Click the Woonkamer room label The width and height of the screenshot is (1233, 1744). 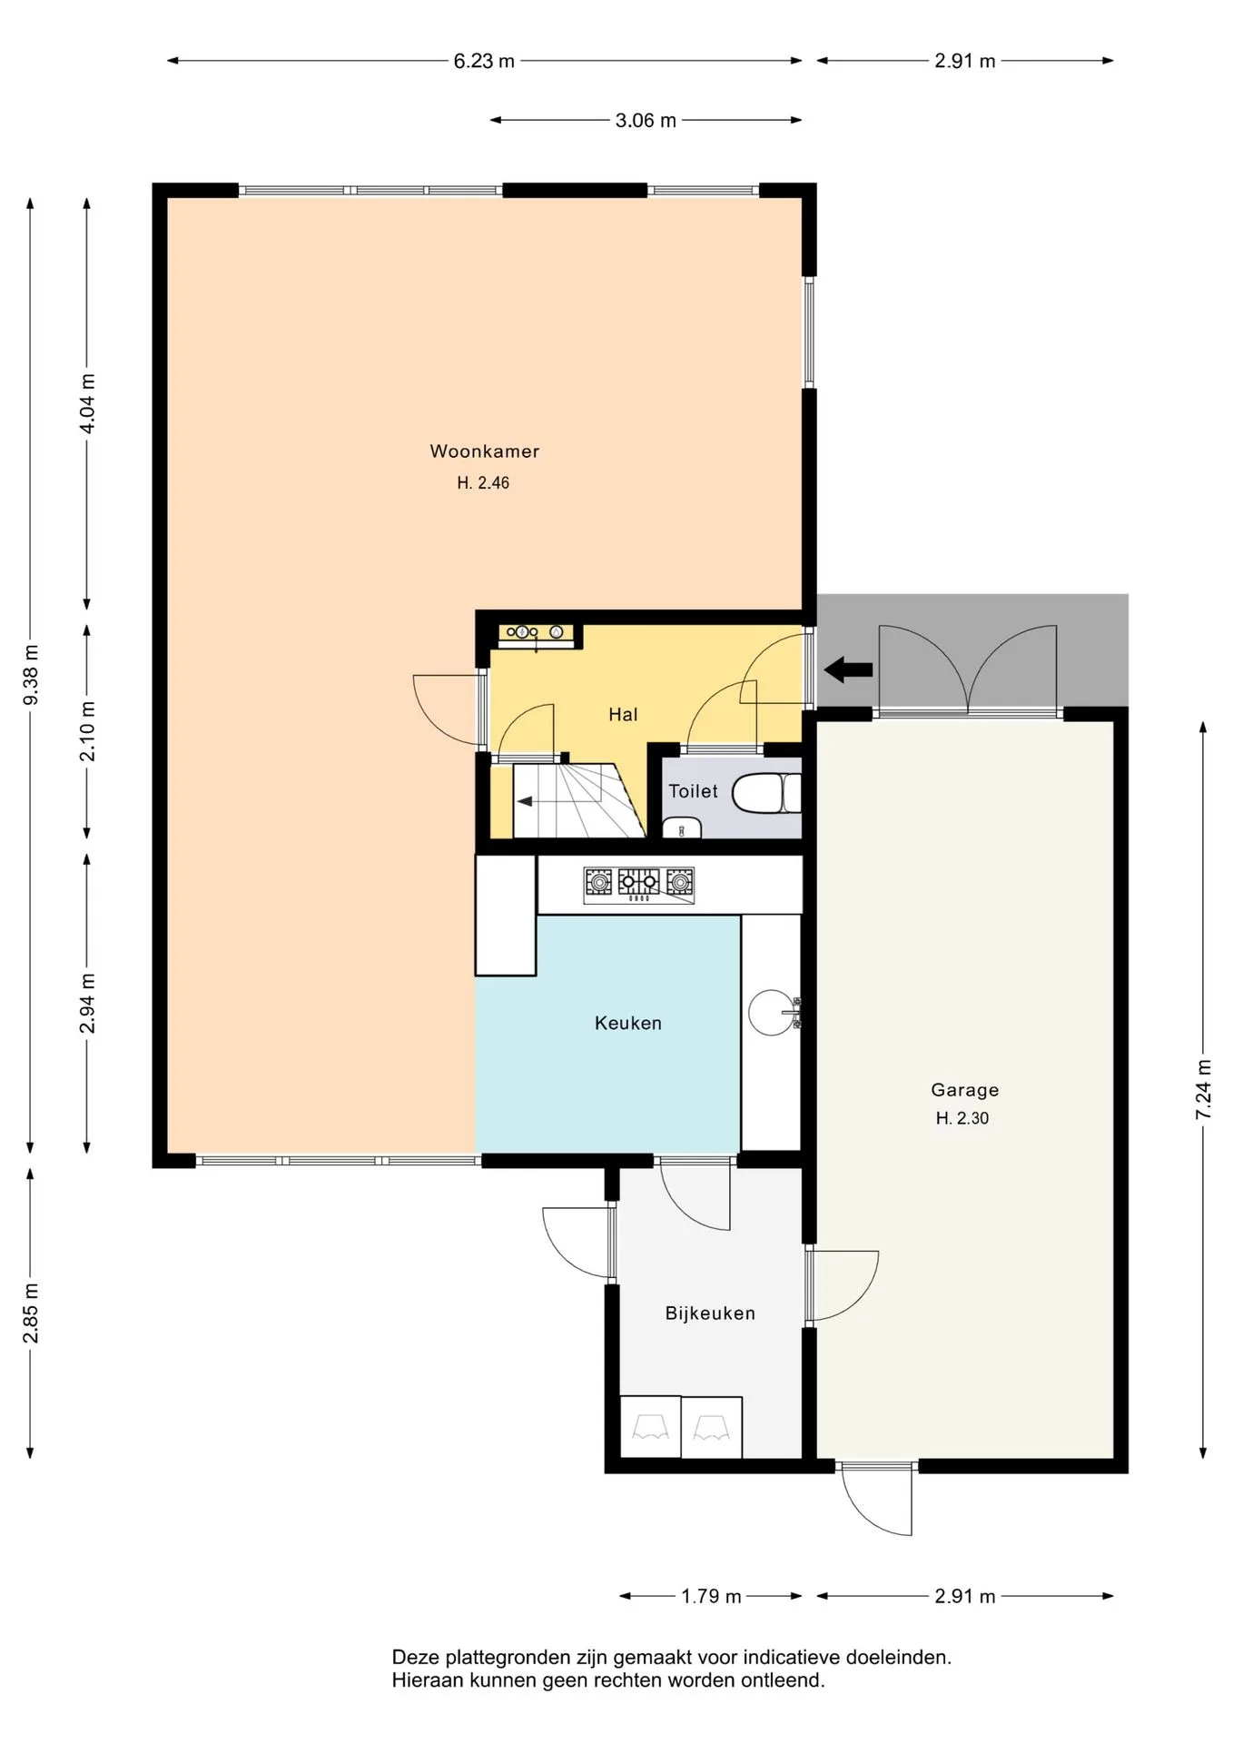pyautogui.click(x=485, y=451)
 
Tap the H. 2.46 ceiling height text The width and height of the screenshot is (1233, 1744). pyautogui.click(x=483, y=483)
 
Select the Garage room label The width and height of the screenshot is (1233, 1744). pyautogui.click(x=964, y=1090)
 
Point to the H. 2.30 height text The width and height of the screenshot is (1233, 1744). pyautogui.click(x=962, y=1118)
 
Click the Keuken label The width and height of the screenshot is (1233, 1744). pyautogui.click(x=628, y=1024)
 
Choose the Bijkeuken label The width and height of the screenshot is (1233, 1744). pyautogui.click(x=710, y=1313)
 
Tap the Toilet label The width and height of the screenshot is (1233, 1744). pyautogui.click(x=694, y=791)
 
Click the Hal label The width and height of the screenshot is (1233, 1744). pyautogui.click(x=623, y=715)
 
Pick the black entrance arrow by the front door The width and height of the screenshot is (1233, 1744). pyautogui.click(x=848, y=670)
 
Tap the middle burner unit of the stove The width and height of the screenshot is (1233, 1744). pyautogui.click(x=639, y=881)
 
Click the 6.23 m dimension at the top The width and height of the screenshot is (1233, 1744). pyautogui.click(x=484, y=61)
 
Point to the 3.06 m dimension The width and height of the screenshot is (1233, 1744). pyautogui.click(x=646, y=120)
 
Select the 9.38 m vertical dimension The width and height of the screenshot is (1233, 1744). pyautogui.click(x=31, y=674)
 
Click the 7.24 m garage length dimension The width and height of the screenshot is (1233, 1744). pyautogui.click(x=1204, y=1090)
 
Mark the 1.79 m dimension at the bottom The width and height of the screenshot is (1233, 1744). pyautogui.click(x=712, y=1596)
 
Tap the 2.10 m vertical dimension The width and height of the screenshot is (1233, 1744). pyautogui.click(x=87, y=731)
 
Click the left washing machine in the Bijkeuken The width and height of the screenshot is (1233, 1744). pyautogui.click(x=650, y=1427)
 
